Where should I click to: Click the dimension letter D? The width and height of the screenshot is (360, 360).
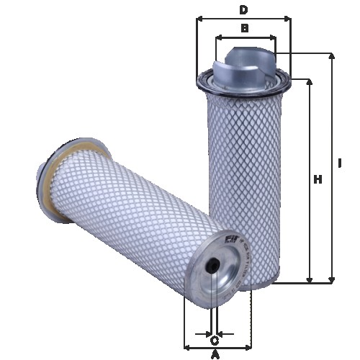(x=243, y=9)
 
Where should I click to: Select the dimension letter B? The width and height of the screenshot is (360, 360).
(x=245, y=28)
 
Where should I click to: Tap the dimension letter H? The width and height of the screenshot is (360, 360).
(x=317, y=179)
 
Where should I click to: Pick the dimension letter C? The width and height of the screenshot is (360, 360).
(x=215, y=339)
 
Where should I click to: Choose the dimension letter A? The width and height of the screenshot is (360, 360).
(x=215, y=354)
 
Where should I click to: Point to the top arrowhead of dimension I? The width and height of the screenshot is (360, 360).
(x=331, y=55)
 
